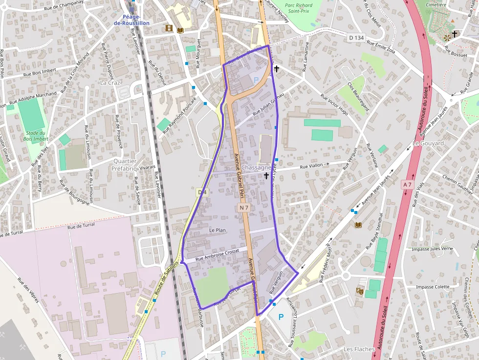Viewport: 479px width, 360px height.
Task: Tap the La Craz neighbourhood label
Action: [x=110, y=83]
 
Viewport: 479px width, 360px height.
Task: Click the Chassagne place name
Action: [x=256, y=168]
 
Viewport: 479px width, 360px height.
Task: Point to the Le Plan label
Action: [x=217, y=230]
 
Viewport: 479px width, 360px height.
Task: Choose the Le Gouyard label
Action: [x=428, y=143]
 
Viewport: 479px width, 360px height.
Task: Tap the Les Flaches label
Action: [x=359, y=349]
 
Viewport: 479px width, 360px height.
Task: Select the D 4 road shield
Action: [x=202, y=192]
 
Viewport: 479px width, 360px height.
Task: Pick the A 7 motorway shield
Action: [x=407, y=184]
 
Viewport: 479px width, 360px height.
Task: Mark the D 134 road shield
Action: [x=357, y=38]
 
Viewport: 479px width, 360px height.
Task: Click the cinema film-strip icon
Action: [x=169, y=29]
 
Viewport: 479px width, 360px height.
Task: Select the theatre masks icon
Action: [x=360, y=291]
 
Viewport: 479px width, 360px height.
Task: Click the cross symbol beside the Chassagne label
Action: [x=266, y=175]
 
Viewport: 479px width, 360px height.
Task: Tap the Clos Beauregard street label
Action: [x=358, y=96]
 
